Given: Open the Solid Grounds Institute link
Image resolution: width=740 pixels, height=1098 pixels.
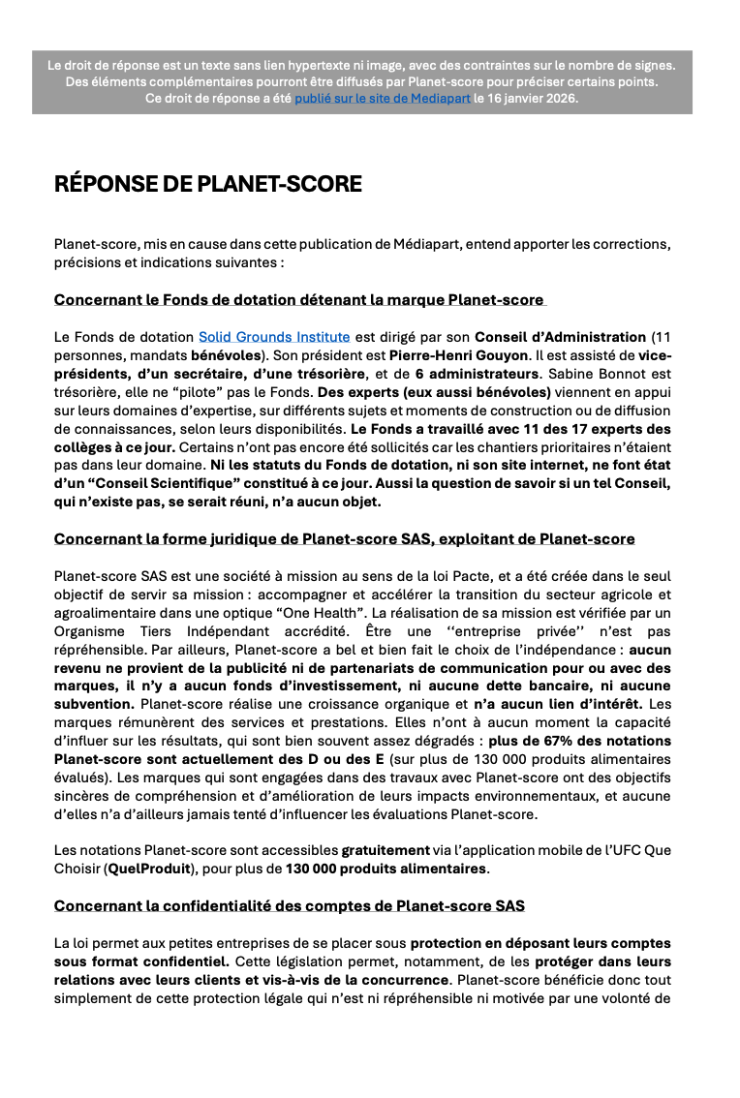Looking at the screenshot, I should [x=274, y=337].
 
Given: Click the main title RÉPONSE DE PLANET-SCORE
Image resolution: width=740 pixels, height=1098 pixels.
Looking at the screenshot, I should [x=208, y=184].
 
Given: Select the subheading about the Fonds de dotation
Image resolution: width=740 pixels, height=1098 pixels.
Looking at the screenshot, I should [x=299, y=300].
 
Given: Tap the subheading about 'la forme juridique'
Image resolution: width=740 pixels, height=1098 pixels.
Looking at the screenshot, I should [x=344, y=538].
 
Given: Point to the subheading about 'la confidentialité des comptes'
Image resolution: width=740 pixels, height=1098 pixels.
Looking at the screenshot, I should [x=289, y=906].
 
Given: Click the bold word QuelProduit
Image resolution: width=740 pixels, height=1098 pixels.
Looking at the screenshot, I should [x=149, y=869].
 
